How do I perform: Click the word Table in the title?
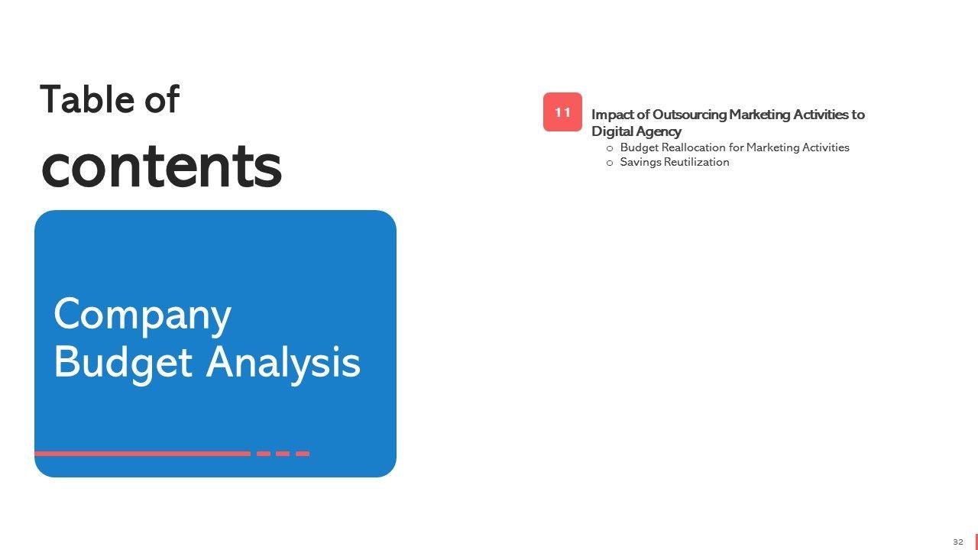(87, 99)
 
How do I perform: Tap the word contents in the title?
(161, 167)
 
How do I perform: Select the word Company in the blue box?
(142, 316)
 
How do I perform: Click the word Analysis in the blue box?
(283, 363)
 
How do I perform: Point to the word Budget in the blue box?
(123, 363)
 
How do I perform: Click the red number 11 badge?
(562, 112)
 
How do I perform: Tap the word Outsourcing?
(689, 115)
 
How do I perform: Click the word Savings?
(640, 163)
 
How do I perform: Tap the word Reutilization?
(696, 162)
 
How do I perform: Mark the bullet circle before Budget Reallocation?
(610, 149)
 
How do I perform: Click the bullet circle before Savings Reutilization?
(610, 163)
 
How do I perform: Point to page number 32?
(958, 542)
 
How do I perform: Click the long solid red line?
(143, 454)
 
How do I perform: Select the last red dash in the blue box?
(303, 454)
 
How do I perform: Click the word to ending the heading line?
(858, 115)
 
